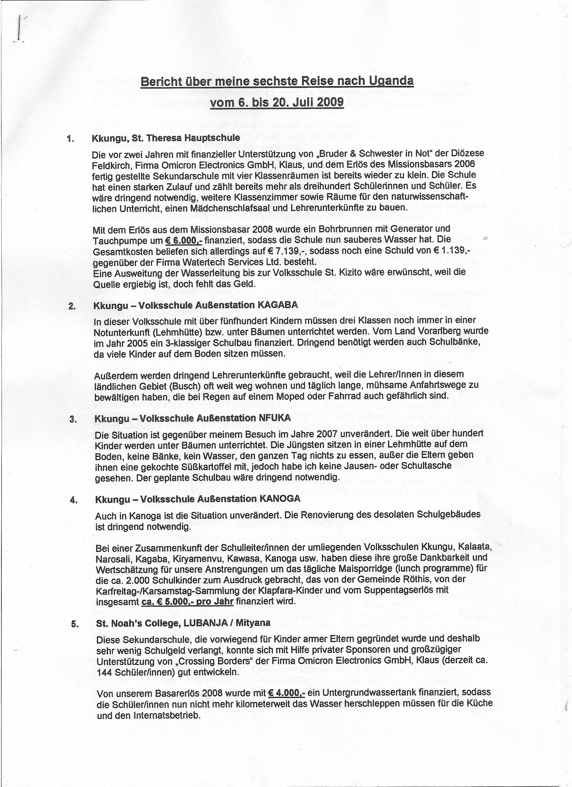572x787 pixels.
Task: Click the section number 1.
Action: tap(70, 139)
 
